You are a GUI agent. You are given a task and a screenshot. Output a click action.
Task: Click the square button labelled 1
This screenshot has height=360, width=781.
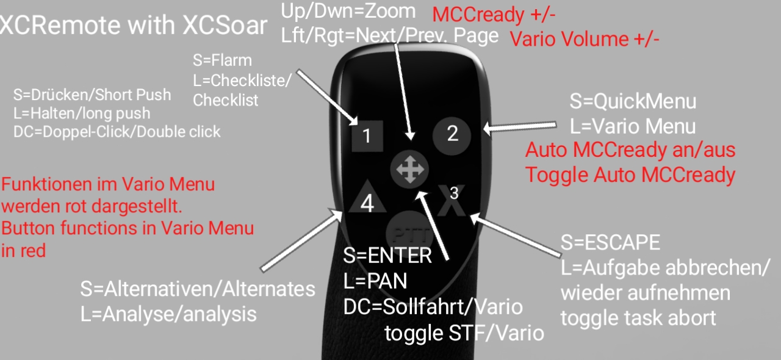click(367, 135)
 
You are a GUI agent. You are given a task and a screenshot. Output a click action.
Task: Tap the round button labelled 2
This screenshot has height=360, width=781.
click(452, 134)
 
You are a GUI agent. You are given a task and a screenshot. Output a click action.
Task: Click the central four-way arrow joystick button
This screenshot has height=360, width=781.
click(409, 169)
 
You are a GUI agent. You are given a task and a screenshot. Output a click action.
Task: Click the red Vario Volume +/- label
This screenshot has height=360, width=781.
click(585, 40)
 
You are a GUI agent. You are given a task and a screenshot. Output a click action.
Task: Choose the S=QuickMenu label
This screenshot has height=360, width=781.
click(633, 101)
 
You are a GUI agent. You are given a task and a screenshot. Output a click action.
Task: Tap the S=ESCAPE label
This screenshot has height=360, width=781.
click(610, 242)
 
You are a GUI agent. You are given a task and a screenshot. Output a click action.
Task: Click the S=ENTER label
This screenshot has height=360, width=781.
click(387, 256)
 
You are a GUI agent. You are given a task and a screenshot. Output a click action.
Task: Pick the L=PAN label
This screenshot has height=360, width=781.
click(375, 281)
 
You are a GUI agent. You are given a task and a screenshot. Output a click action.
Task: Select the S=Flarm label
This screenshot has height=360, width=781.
click(222, 60)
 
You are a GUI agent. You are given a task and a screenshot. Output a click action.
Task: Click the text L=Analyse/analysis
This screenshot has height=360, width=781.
click(168, 314)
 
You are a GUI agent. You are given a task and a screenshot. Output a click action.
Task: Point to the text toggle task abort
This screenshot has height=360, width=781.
click(638, 317)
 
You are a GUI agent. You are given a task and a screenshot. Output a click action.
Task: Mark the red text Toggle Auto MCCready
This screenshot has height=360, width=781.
click(630, 175)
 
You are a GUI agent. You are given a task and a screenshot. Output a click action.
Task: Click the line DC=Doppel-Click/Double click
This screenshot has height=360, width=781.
click(117, 131)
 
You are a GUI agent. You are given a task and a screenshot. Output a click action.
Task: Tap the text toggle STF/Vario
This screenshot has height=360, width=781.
click(464, 333)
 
